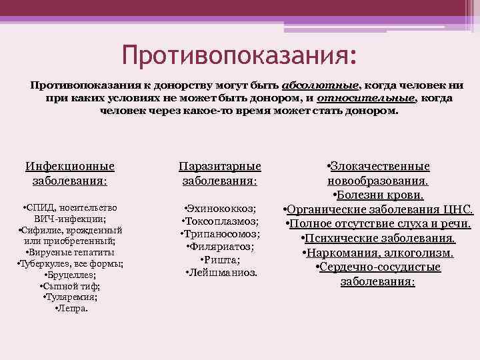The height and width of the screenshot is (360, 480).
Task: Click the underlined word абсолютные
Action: [x=321, y=86]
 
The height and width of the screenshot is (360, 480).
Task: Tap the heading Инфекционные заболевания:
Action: [x=70, y=173]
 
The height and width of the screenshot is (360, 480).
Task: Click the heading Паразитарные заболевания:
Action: [x=220, y=173]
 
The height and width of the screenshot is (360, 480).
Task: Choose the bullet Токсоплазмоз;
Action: [x=220, y=221]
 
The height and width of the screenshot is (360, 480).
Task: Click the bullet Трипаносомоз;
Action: [x=220, y=234]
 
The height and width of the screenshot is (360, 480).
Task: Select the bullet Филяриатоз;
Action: [x=220, y=247]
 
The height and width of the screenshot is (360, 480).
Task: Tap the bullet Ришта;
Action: [x=220, y=259]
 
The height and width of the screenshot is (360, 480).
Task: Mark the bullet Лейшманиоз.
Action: [x=220, y=273]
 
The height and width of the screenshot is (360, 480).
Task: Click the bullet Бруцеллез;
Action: [x=70, y=275]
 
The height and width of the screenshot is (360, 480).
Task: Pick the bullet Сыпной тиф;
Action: [x=70, y=286]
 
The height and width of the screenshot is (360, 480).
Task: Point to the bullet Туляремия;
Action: [x=70, y=297]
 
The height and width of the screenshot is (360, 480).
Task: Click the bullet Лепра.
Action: [x=70, y=309]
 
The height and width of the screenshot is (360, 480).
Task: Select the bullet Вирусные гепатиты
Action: [x=70, y=252]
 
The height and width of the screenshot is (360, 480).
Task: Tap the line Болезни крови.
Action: [x=378, y=195]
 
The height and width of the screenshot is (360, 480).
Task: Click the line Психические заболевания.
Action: [x=378, y=238]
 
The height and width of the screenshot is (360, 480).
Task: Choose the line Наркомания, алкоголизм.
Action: [x=378, y=253]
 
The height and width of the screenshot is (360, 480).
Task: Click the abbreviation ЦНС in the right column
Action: [x=457, y=209]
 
